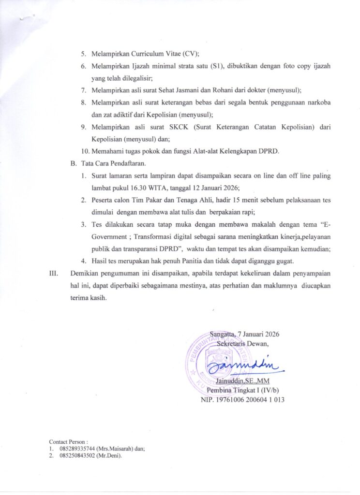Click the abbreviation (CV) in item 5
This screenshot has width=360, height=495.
pos(193,54)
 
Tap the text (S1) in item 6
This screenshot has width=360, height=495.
pos(219,65)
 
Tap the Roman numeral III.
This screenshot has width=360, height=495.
pos(54,273)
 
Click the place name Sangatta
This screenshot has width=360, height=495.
pos(223,334)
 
